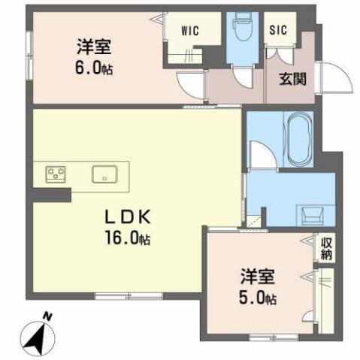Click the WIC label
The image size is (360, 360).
coord(189,32)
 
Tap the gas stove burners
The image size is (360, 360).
coord(55,174)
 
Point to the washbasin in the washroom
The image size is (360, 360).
coord(311,215)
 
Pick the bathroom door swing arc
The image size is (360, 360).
coord(259,154)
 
